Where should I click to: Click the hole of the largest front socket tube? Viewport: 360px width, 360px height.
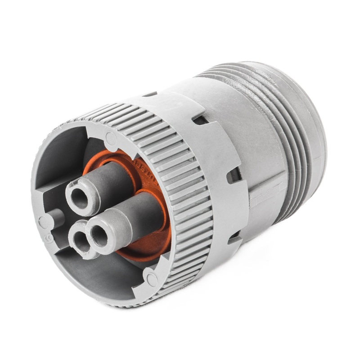[x=99, y=237]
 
